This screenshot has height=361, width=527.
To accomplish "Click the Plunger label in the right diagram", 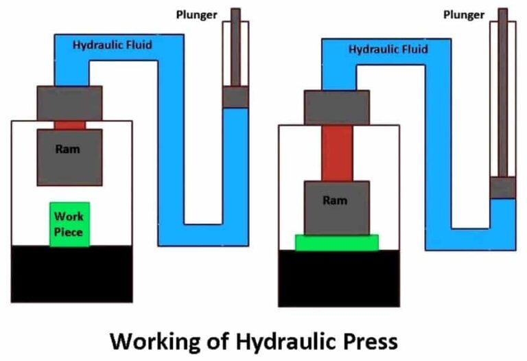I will point(465,14).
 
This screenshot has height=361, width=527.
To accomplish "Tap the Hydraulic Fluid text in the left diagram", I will point(113,46).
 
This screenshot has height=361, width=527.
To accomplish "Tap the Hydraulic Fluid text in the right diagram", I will point(388,49).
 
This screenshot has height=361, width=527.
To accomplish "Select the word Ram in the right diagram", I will point(336,200).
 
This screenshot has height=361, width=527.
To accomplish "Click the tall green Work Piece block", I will point(69,224).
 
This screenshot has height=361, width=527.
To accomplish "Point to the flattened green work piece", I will point(336,242).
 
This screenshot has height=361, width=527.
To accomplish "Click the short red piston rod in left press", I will point(69,125).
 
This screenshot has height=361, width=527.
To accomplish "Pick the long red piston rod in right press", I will point(336,153).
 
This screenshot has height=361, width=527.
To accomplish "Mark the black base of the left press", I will point(71,273).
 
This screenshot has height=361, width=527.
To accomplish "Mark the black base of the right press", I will point(338,278).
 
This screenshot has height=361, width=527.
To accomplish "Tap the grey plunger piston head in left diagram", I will point(235,97).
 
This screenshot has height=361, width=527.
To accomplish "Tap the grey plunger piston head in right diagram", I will point(503,187).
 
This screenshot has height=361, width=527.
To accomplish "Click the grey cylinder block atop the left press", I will point(69,103).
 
